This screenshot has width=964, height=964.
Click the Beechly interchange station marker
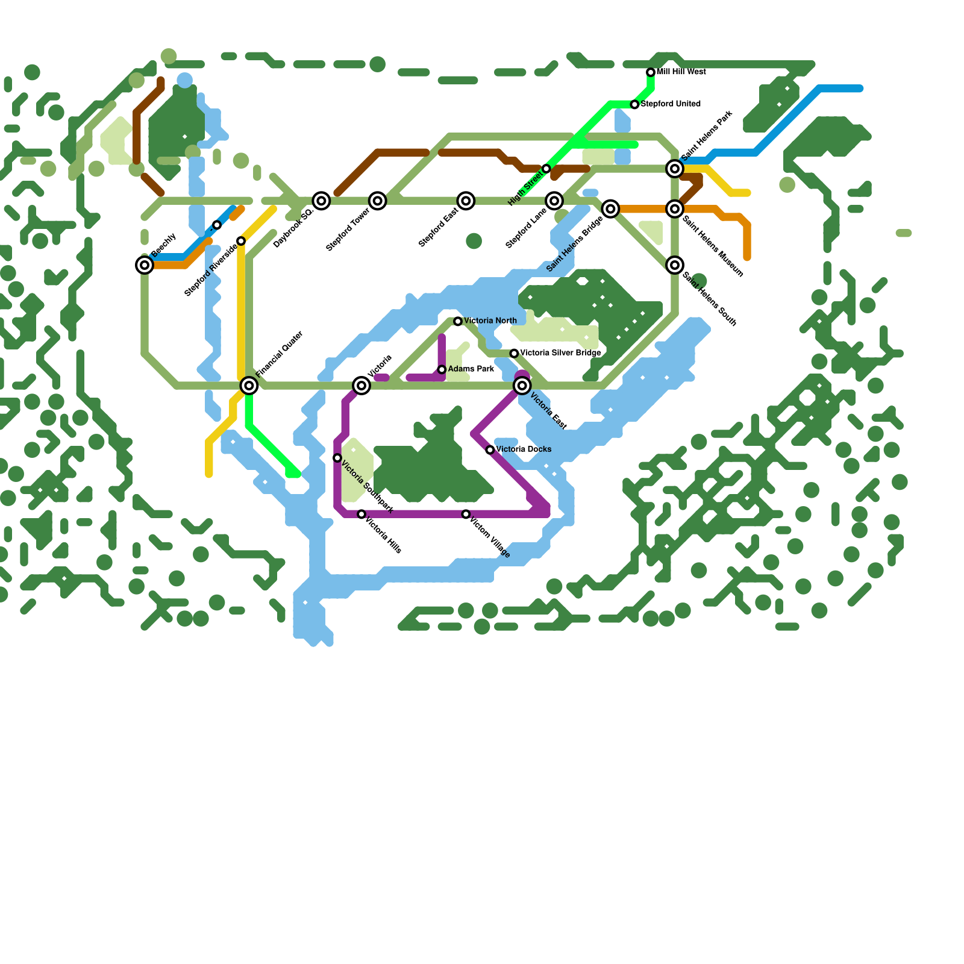coord(145,264)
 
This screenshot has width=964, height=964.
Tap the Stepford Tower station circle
coord(378,201)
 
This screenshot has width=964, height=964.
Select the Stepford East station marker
coord(466,201)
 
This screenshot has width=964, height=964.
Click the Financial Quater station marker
coord(249,386)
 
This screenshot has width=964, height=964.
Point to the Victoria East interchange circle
coord(522,386)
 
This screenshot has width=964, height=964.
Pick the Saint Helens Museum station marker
coord(675,209)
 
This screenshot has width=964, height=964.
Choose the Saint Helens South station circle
coord(675,264)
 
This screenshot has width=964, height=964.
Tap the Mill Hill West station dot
coord(651,72)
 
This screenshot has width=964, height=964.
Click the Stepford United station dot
coord(634,105)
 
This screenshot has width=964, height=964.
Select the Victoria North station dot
coord(458,322)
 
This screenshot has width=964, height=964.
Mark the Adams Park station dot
coord(442,369)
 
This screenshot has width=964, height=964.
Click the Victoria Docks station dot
coord(490,450)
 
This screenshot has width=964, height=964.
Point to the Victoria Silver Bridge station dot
coord(514,353)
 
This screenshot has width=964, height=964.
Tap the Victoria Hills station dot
coord(361,514)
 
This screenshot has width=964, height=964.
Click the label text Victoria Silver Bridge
coord(560,353)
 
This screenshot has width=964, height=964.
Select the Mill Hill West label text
coord(681,72)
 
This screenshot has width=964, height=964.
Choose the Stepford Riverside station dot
coord(241,241)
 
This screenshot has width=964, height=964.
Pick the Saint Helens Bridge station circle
coord(610,209)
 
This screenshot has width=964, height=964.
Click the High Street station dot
coord(546,168)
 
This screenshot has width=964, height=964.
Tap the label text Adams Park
coord(471,369)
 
